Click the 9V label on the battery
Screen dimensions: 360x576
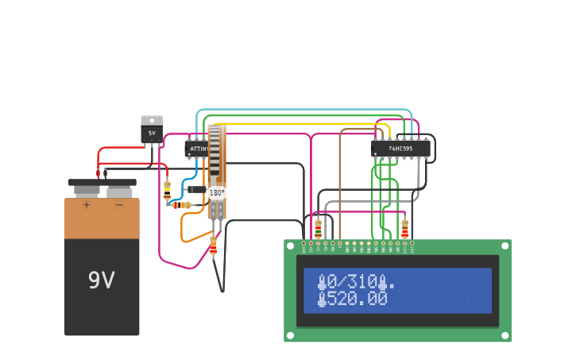101,281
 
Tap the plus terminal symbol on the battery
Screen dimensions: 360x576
87,205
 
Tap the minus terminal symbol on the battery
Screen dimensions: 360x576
119,205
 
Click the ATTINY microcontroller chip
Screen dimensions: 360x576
197,149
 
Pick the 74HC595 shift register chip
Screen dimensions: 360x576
400,149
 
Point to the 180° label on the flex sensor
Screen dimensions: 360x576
217,192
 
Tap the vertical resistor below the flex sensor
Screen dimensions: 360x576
213,246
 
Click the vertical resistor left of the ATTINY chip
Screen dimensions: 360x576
167,189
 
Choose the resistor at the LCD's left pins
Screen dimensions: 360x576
319,228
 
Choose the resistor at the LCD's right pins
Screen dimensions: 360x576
404,228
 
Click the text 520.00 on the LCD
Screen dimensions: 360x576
358,299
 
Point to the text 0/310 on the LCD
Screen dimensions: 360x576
352,281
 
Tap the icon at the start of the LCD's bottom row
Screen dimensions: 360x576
322,299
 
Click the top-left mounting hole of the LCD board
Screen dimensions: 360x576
291,246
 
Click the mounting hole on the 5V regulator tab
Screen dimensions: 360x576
152,120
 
